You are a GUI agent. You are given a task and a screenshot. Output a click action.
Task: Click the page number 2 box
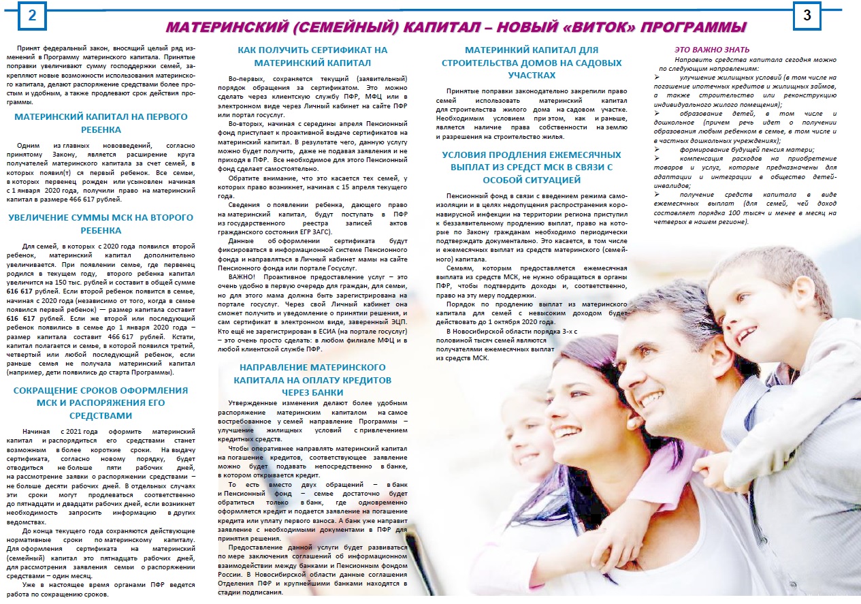(32, 18)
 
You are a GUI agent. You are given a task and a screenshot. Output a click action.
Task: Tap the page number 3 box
(807, 17)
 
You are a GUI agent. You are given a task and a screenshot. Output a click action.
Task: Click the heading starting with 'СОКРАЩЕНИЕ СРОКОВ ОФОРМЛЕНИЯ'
(100, 402)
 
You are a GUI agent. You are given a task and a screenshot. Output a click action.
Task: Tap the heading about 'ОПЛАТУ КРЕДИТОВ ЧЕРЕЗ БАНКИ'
(313, 379)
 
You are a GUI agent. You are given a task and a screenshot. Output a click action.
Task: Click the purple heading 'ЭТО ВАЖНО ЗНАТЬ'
(712, 50)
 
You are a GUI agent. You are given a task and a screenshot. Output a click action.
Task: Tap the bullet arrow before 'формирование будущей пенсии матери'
(657, 149)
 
